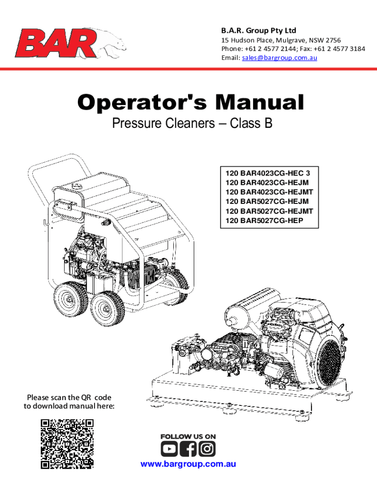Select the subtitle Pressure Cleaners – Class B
192,124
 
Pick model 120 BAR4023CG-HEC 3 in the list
268,173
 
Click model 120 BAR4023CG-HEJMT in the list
269,192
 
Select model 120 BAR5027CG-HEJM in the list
267,201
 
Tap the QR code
67,444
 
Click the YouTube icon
169,449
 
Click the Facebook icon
188,449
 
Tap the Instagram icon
207,449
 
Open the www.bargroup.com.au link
188,464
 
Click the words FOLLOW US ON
188,436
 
